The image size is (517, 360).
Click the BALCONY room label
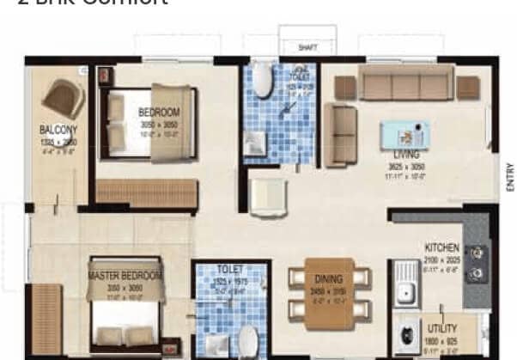pos(58,130)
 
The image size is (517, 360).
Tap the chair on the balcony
pos(63,98)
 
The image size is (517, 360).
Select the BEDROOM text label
pos(159,113)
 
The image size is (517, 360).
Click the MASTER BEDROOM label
pos(125,276)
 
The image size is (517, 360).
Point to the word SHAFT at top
pos(307,48)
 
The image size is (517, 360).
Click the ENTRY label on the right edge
pos(509,177)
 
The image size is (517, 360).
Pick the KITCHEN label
pos(441,247)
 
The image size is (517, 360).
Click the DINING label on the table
pos(328,279)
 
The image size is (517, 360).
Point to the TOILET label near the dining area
pos(230,268)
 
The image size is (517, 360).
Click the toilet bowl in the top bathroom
pos(262,82)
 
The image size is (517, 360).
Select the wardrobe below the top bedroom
pos(147,193)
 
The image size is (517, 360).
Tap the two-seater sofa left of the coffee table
pos(340,135)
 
